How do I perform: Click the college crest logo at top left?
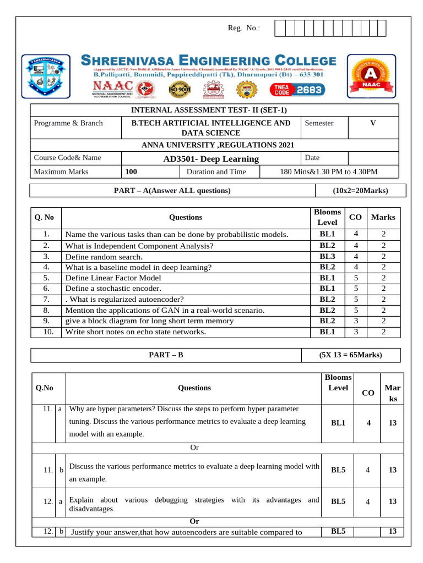[46, 75]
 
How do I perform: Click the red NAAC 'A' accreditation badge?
[372, 76]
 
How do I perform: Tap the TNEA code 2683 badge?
[297, 90]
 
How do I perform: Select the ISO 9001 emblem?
[180, 89]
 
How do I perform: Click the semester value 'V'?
[373, 123]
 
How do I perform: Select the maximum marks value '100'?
[131, 172]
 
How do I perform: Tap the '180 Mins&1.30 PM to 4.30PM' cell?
[329, 172]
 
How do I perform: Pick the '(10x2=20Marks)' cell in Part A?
[360, 191]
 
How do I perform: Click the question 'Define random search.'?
[104, 256]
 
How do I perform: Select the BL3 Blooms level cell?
[327, 256]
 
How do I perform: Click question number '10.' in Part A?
[47, 332]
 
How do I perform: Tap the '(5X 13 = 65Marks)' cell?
[350, 355]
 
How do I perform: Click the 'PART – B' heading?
[166, 355]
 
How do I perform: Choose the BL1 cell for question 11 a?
[338, 423]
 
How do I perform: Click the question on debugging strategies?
[194, 504]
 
